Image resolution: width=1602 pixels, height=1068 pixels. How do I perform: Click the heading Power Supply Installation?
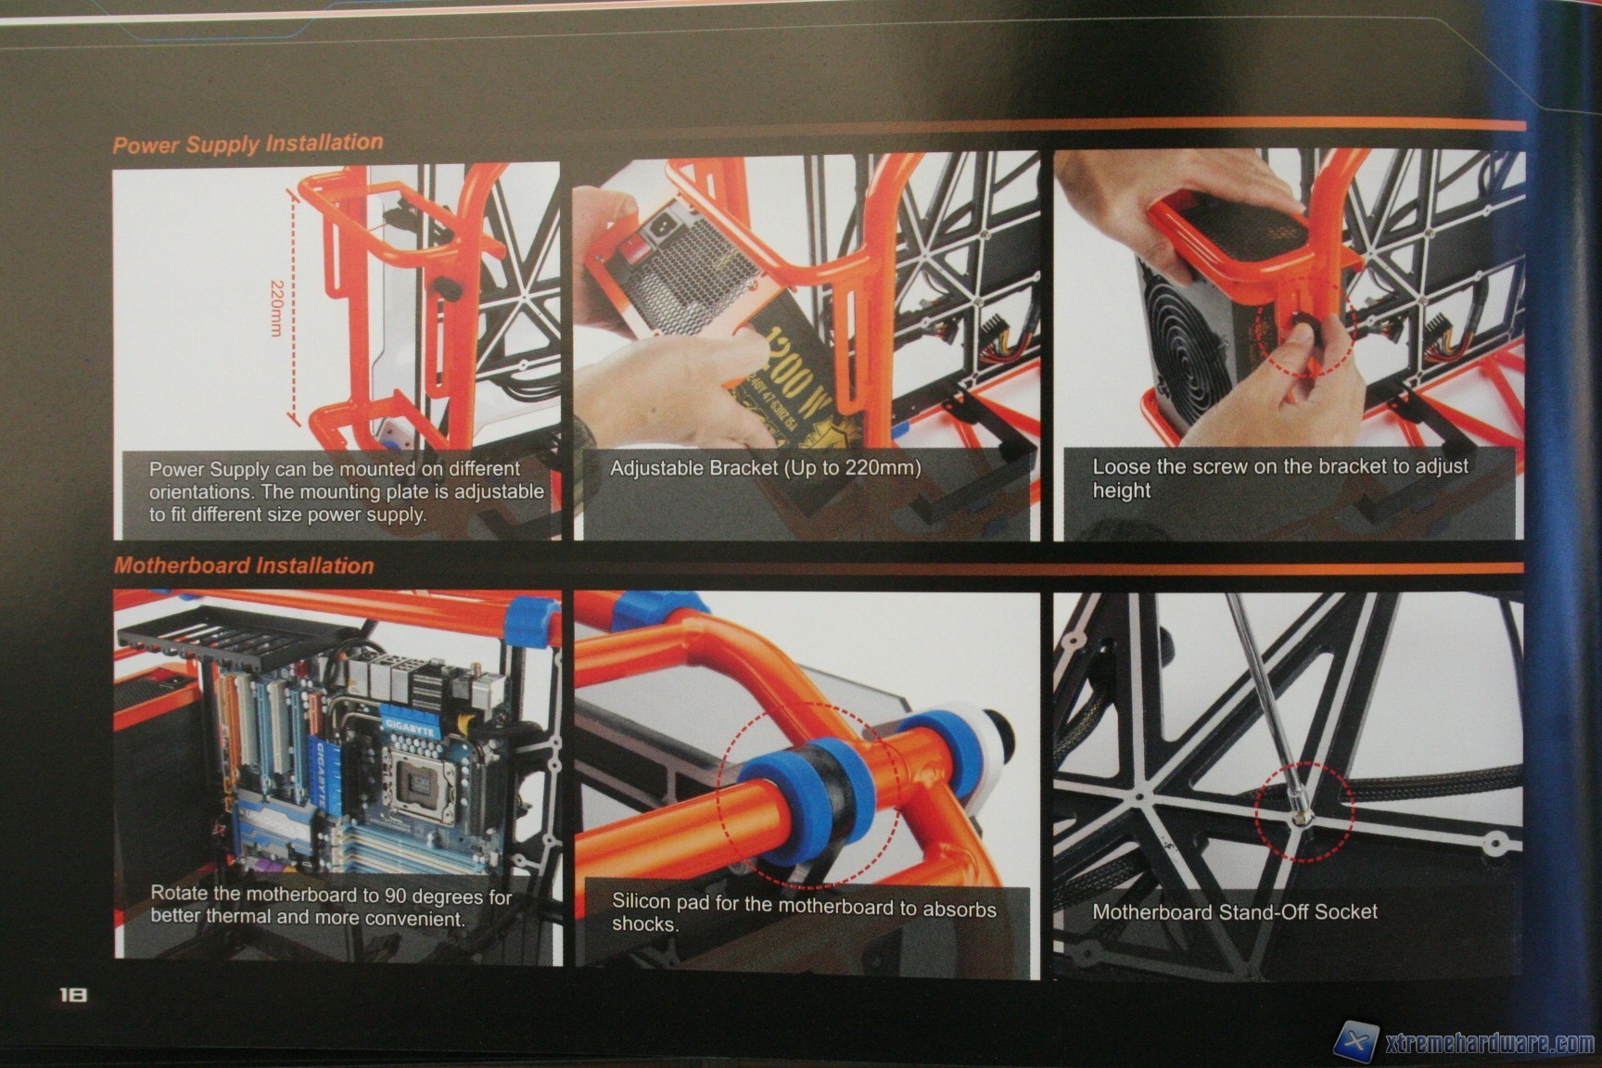(x=248, y=144)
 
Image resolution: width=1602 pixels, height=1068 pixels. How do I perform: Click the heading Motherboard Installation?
(x=244, y=566)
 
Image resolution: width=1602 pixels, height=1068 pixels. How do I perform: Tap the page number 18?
(x=73, y=995)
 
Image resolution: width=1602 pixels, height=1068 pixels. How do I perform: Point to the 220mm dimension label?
(x=276, y=309)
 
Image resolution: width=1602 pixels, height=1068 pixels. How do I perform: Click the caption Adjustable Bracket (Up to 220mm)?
(x=765, y=468)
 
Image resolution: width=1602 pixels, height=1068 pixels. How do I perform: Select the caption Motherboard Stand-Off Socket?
(x=1235, y=912)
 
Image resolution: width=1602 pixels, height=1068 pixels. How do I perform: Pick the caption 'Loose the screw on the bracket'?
(x=1280, y=478)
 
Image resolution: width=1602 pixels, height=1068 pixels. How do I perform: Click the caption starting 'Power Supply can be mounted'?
(x=347, y=491)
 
